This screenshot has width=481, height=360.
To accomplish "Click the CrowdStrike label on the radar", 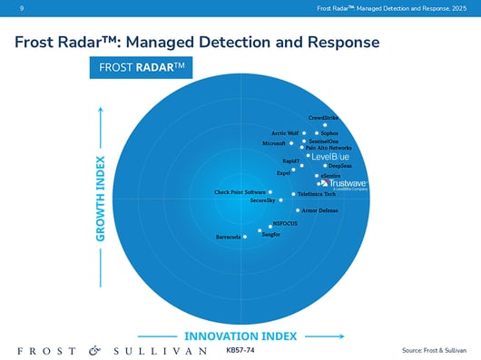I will [324, 118].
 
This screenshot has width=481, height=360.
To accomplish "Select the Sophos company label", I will [329, 133].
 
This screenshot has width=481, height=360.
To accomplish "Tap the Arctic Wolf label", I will [285, 133].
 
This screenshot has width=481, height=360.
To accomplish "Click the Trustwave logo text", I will [346, 182].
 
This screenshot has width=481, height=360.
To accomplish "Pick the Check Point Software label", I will [240, 192].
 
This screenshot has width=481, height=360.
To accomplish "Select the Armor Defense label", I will [319, 210].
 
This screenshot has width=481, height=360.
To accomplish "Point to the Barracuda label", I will [228, 237].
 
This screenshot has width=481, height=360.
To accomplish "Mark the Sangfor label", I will [270, 234].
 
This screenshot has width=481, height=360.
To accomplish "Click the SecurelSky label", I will [262, 200].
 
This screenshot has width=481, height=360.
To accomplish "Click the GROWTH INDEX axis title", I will [102, 199].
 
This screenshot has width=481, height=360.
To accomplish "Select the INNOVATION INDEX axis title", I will [240, 336].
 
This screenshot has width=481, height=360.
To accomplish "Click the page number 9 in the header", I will [8, 8].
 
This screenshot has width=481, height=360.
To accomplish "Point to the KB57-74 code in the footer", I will [240, 349].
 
